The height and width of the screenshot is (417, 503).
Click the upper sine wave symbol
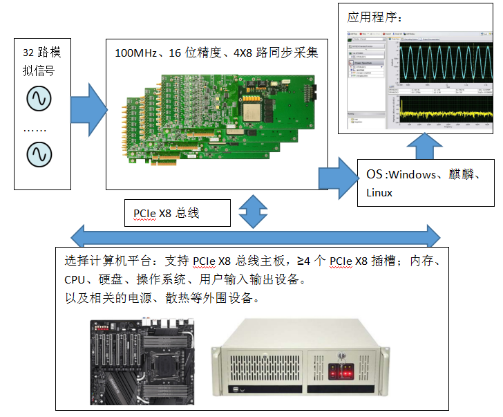(39, 99)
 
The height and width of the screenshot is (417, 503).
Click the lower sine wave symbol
(39, 154)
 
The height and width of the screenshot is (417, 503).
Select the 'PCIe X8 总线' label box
(176, 214)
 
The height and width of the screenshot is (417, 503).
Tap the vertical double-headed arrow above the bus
(254, 210)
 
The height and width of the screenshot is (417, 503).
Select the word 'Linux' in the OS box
(379, 192)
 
